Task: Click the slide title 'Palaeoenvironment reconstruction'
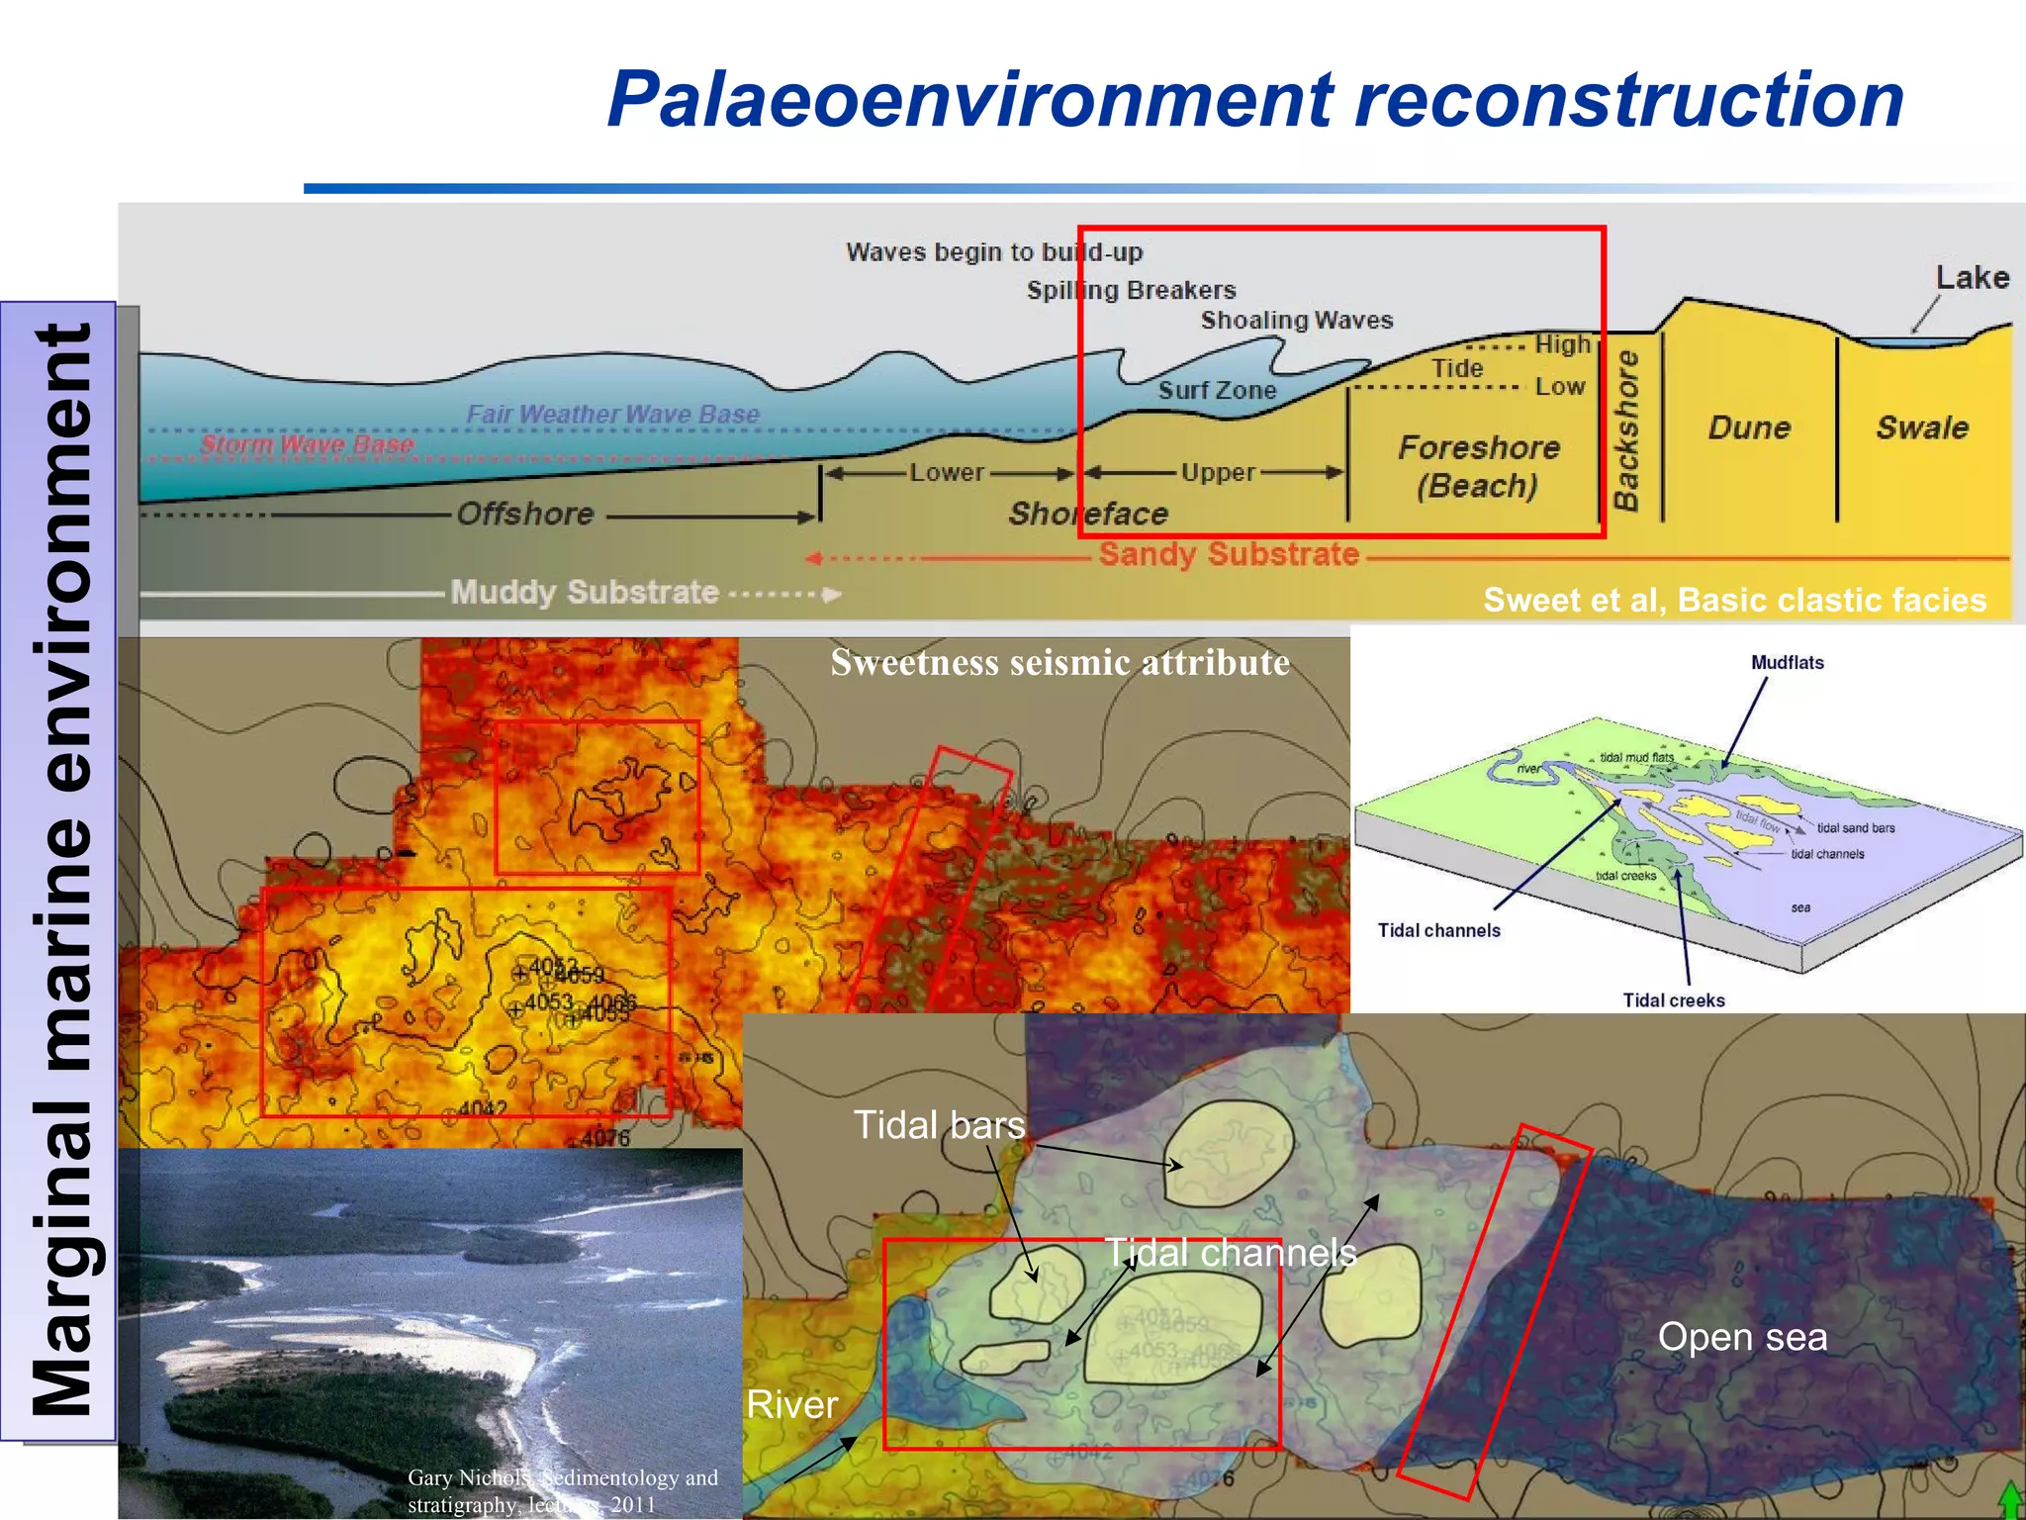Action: point(1254,100)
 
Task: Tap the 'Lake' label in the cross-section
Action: point(1972,278)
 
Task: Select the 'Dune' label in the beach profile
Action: point(1749,427)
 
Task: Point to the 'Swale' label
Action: point(1922,427)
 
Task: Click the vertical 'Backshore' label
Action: point(1626,430)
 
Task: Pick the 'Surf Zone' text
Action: point(1217,391)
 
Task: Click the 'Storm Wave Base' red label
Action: point(308,444)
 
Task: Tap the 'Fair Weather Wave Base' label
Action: point(612,415)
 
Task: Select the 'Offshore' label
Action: point(525,514)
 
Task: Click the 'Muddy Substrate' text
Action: point(584,592)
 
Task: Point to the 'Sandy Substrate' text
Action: point(1229,554)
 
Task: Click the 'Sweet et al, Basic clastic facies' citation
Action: point(1734,600)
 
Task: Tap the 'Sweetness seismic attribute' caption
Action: point(1059,662)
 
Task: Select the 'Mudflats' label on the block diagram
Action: point(1787,663)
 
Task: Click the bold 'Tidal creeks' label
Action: point(1673,1000)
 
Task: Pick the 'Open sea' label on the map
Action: point(1742,1337)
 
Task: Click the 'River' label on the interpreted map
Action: point(791,1404)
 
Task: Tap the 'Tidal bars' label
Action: point(938,1125)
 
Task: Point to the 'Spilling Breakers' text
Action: point(1131,290)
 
